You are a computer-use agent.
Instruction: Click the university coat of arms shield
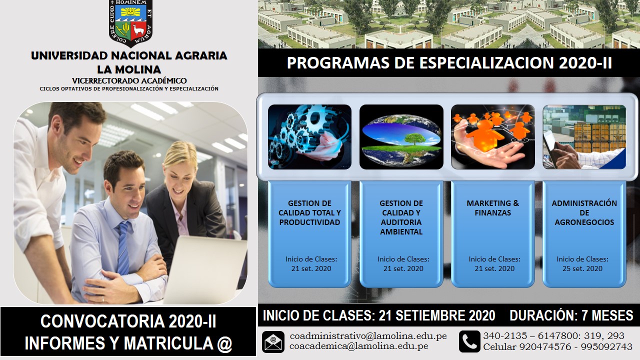click(x=130, y=22)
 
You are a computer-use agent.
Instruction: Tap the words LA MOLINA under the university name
click(x=129, y=69)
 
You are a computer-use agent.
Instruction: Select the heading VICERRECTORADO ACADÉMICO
click(x=129, y=81)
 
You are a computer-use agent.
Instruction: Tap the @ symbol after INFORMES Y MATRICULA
click(x=224, y=343)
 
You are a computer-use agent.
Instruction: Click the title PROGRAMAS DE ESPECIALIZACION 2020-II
click(x=449, y=63)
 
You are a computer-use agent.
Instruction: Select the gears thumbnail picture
click(x=309, y=137)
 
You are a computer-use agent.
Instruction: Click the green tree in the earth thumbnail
click(x=415, y=139)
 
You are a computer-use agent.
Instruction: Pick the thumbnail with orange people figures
click(x=493, y=137)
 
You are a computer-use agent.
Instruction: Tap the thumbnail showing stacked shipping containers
click(x=584, y=137)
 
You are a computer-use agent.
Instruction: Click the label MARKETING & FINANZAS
click(x=493, y=208)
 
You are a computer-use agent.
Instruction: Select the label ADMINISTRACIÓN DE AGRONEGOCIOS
click(x=584, y=212)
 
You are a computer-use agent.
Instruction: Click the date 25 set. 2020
click(x=582, y=268)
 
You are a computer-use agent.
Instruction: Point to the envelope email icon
click(x=273, y=341)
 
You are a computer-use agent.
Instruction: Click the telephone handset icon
click(x=469, y=341)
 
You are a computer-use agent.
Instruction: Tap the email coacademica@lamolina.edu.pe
click(x=359, y=346)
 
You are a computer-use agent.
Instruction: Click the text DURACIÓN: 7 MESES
click(x=571, y=315)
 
